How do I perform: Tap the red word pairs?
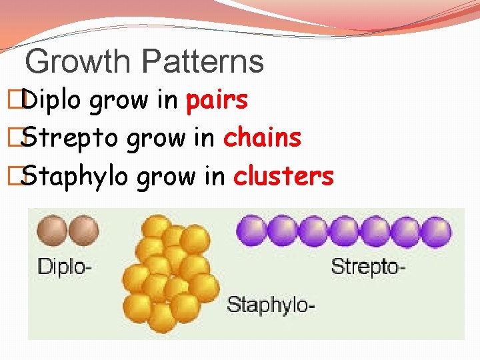[x=217, y=101]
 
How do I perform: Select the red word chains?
[x=262, y=139]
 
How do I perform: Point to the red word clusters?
[x=283, y=177]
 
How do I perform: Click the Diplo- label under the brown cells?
[x=64, y=267]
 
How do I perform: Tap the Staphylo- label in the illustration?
[x=271, y=305]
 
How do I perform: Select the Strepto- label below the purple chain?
[x=368, y=267]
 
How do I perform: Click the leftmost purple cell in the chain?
[x=252, y=231]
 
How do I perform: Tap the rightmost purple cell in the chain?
[x=437, y=231]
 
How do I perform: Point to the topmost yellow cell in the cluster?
[x=158, y=225]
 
